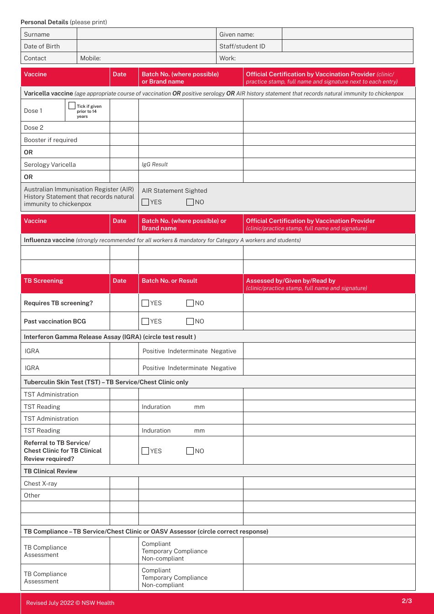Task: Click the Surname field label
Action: (x=37, y=34)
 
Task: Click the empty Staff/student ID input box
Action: (x=347, y=46)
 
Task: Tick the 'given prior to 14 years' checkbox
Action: (x=72, y=106)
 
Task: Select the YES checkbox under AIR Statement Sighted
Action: (x=145, y=202)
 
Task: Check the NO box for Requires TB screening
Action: (x=190, y=303)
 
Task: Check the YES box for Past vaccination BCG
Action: (x=145, y=321)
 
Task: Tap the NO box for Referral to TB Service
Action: (x=190, y=451)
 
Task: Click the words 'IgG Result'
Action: (x=154, y=164)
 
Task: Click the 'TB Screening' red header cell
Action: (x=43, y=281)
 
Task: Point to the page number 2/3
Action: (x=407, y=601)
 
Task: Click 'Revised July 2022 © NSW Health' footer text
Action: (x=70, y=603)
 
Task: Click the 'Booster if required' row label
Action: (x=50, y=140)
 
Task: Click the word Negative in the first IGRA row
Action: (x=223, y=351)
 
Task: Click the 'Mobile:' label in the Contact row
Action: (x=90, y=58)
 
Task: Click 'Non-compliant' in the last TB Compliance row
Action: (x=163, y=585)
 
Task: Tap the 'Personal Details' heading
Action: (x=44, y=22)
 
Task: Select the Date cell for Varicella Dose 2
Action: (x=124, y=127)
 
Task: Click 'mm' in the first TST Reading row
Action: (x=199, y=407)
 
